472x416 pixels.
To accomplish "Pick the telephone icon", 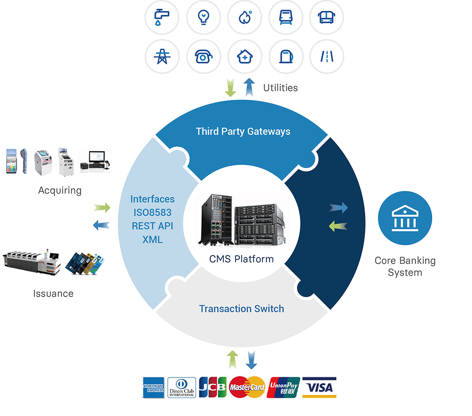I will click(x=203, y=56).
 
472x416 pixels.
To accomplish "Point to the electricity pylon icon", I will click(x=162, y=56).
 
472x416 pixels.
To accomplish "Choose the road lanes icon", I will click(x=327, y=56).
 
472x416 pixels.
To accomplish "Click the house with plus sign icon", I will click(x=244, y=56).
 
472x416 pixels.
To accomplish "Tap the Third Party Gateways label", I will click(x=243, y=131).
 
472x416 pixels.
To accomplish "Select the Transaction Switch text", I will click(x=241, y=309).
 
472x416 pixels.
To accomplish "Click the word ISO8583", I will click(x=152, y=212).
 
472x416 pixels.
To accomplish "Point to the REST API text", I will click(x=152, y=226).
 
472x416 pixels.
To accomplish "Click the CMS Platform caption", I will click(x=241, y=259).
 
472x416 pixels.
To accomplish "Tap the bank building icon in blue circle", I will click(x=405, y=218).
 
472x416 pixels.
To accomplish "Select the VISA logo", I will click(x=319, y=387).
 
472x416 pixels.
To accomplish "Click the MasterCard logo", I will click(x=247, y=387).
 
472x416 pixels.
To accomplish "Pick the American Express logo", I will click(x=153, y=387).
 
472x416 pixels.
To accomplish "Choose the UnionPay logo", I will click(x=283, y=387).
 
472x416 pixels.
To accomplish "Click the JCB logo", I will click(x=212, y=387).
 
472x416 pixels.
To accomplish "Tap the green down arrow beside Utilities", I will click(x=230, y=88).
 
